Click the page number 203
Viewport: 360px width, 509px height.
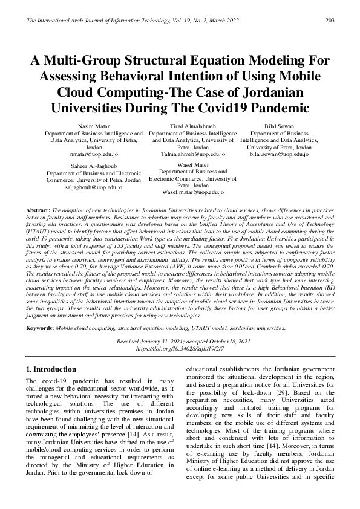[x=330, y=21]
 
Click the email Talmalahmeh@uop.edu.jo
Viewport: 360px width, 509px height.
[x=193, y=154]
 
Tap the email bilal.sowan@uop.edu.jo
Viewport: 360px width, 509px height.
[x=280, y=154]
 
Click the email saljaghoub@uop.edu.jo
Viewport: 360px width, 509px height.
[x=94, y=187]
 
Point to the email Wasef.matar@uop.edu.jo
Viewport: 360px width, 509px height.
[x=193, y=192]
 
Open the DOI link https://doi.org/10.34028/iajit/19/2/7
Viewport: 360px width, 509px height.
[x=180, y=349]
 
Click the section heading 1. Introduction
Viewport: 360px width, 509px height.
[x=51, y=369]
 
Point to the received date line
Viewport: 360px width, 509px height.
[x=180, y=342]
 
